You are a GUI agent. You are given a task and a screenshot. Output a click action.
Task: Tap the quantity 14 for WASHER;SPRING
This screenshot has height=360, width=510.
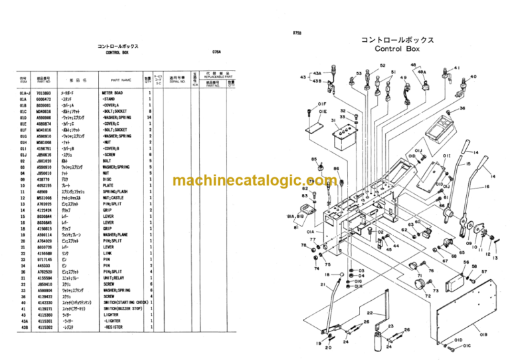click(x=149, y=117)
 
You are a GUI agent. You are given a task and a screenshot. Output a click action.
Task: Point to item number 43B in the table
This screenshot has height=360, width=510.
click(x=25, y=327)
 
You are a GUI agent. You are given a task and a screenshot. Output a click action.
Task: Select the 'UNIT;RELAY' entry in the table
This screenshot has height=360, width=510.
click(x=114, y=278)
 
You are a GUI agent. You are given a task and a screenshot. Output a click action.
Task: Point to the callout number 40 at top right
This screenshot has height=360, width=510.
click(x=473, y=76)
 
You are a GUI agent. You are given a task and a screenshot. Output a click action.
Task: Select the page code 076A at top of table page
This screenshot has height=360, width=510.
click(x=216, y=50)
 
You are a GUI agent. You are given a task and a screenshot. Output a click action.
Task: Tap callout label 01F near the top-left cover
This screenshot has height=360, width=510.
click(x=322, y=104)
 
